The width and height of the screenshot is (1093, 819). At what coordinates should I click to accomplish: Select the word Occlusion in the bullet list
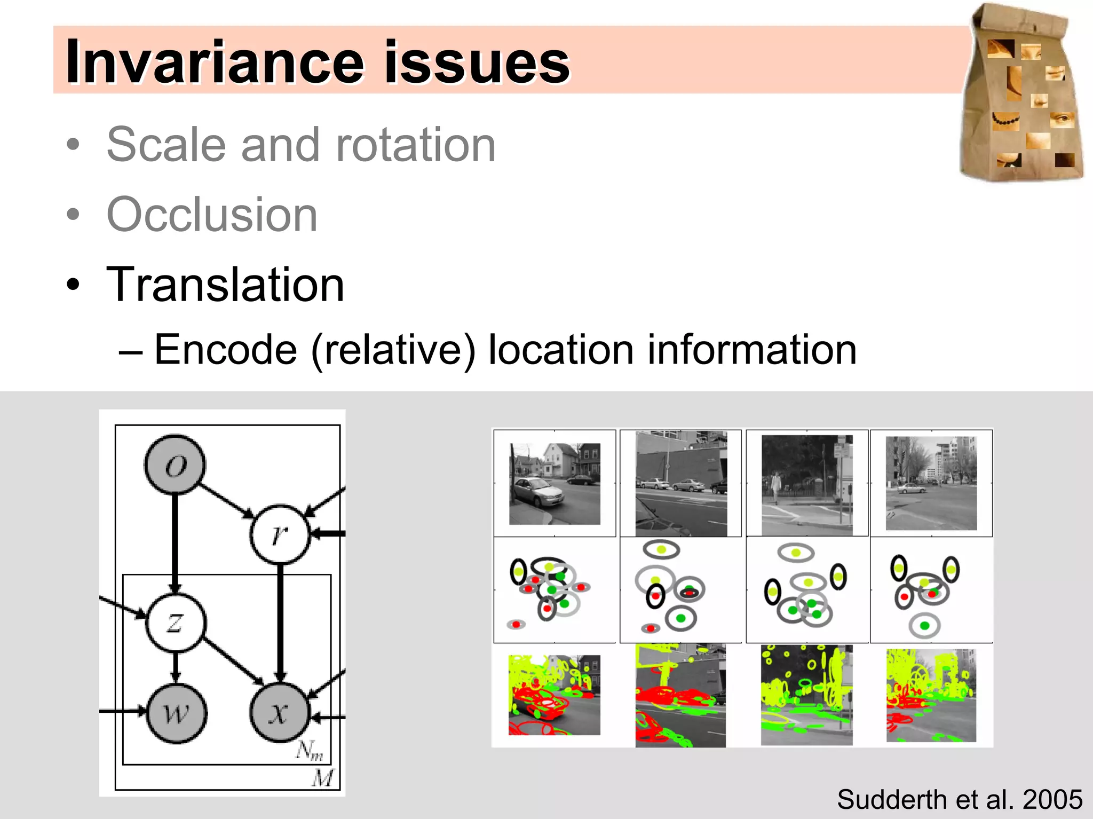[x=212, y=215]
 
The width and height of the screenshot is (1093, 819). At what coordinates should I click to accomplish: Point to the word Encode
[x=225, y=350]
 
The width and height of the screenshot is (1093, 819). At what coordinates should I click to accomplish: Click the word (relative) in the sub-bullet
[x=393, y=350]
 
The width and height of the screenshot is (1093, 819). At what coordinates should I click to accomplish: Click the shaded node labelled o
[x=175, y=464]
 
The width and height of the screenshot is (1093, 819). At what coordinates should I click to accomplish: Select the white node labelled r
[x=280, y=534]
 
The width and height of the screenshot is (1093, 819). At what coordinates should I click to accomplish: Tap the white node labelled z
[x=175, y=623]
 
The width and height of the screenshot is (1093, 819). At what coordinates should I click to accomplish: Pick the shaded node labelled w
[x=176, y=713]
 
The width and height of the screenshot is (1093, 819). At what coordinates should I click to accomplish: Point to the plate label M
[x=323, y=778]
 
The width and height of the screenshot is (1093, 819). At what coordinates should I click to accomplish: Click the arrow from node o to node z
[x=175, y=542]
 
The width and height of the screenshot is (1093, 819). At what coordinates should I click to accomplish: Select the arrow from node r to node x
[x=280, y=622]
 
